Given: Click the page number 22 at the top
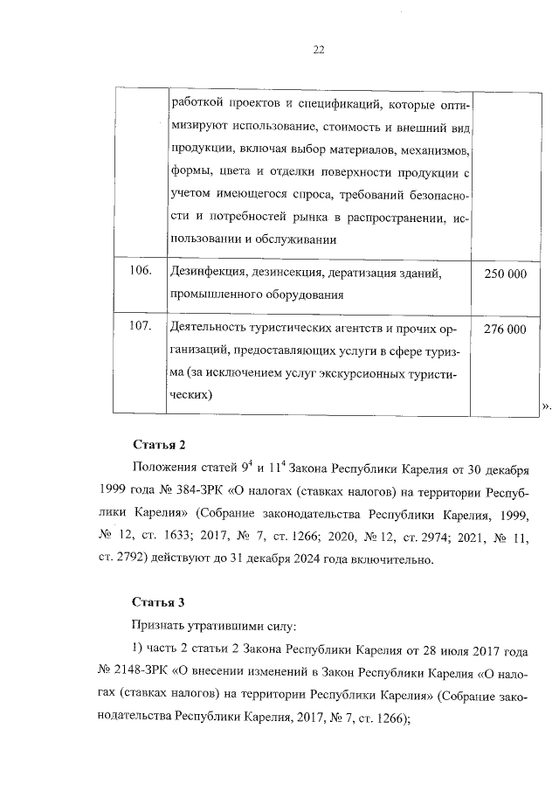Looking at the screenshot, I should [320, 50].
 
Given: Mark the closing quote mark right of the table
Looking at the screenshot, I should [547, 406].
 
